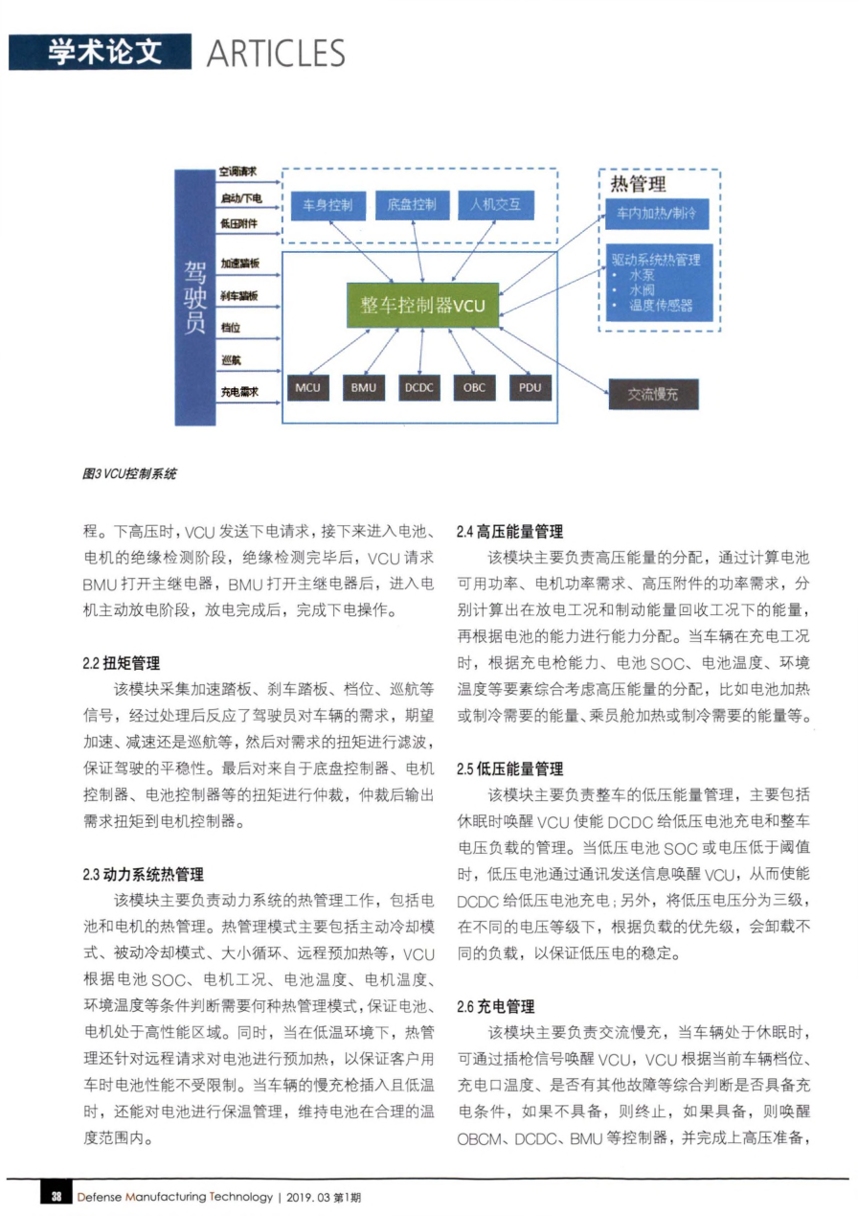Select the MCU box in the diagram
coord(307,387)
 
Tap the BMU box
coord(364,387)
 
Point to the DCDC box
coord(418,387)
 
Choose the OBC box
coord(475,387)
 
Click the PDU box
coord(531,387)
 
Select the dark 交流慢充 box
coord(653,395)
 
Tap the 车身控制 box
coord(327,205)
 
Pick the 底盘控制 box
coord(412,205)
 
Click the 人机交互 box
coord(496,205)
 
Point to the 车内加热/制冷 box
coord(658,215)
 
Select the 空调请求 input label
coord(239,174)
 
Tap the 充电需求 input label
coord(239,391)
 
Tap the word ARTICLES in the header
coord(276,53)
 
